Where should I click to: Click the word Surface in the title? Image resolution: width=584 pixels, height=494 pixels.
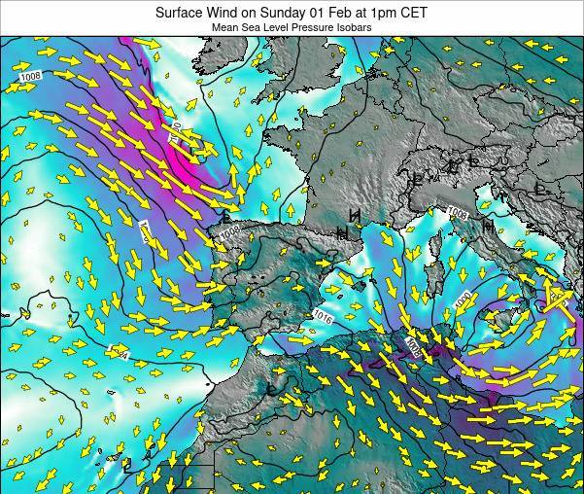179,13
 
